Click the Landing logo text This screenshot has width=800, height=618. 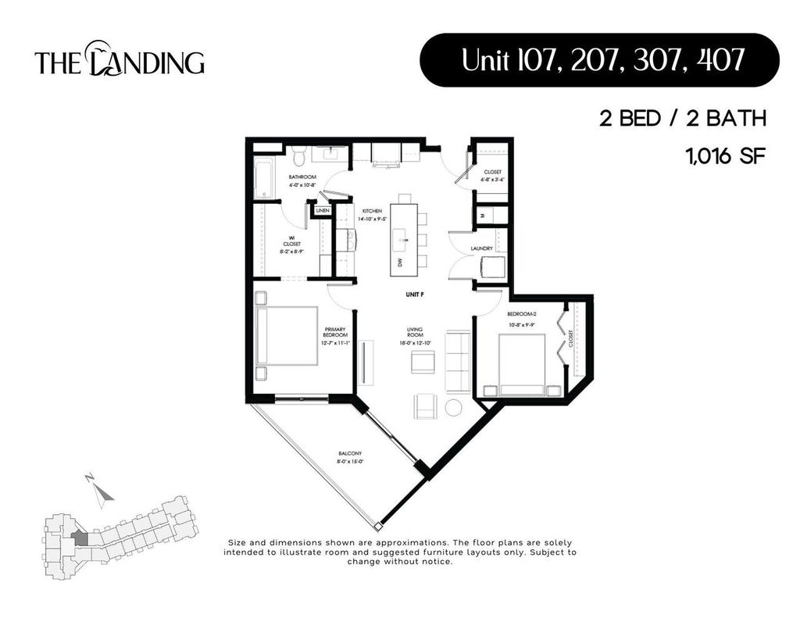[119, 61]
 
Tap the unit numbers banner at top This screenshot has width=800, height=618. [599, 60]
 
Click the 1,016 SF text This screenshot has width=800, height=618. [723, 156]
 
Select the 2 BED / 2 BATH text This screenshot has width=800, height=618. [682, 119]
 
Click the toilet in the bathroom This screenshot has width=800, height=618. [302, 153]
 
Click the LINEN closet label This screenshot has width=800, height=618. [323, 211]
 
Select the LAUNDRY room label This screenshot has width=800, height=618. [481, 248]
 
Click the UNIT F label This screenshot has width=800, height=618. [416, 295]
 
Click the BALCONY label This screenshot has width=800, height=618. [349, 457]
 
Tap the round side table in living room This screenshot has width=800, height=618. [454, 407]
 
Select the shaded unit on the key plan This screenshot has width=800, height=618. [79, 538]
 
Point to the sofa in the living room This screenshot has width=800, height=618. [457, 361]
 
